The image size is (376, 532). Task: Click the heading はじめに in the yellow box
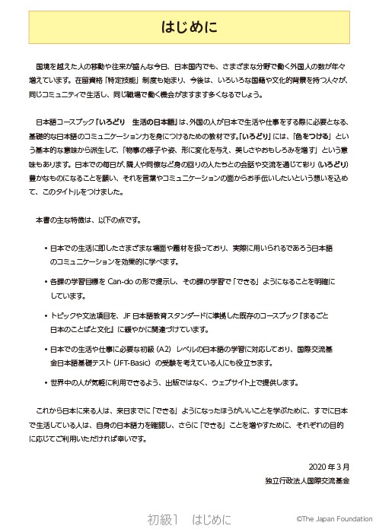[188, 28]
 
